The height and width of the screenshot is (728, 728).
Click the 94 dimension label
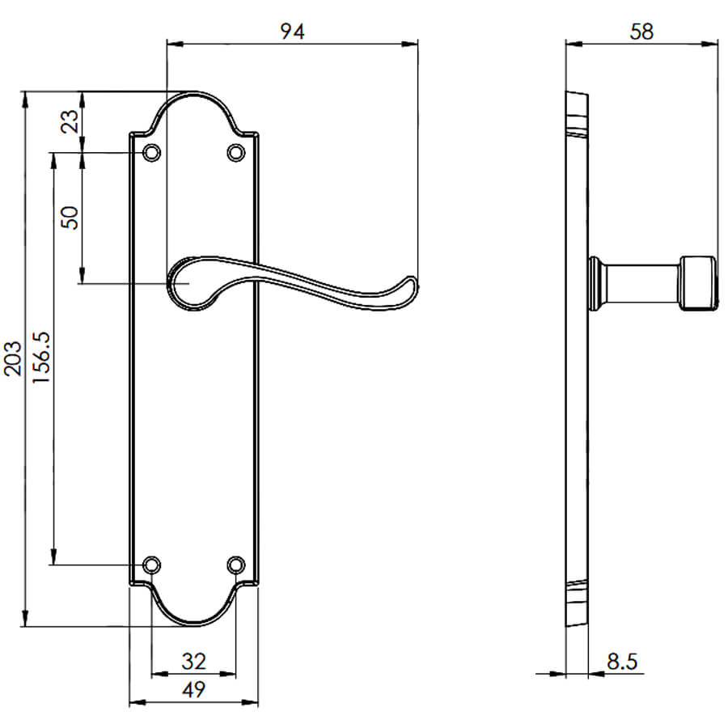point(293,31)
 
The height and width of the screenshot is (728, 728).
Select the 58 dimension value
point(641,31)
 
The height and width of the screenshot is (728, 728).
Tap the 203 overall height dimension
point(12,358)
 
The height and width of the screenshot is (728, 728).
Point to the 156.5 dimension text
point(41,358)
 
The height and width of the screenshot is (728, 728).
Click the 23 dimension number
point(70,121)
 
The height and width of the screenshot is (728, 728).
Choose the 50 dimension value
point(70,218)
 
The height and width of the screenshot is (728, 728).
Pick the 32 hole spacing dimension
point(193,661)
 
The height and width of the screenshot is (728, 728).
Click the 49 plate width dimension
point(193,689)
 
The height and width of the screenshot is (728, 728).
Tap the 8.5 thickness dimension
point(622,661)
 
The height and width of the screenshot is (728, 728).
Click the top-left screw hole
point(151,152)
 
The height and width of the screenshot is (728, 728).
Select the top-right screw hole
point(236,152)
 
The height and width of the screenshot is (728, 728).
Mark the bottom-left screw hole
point(151,565)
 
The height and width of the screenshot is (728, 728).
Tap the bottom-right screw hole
point(236,565)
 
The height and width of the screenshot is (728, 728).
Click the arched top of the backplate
point(193,93)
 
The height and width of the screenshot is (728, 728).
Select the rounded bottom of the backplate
point(193,624)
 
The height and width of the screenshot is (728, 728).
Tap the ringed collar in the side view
point(595,283)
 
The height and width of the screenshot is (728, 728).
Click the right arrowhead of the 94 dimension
point(409,44)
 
